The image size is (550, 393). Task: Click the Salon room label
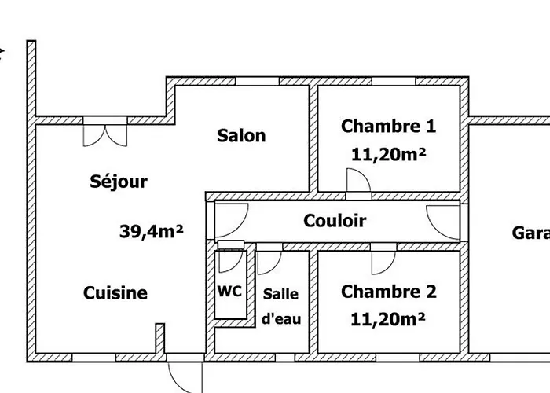[x=241, y=135]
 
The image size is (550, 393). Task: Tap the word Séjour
[x=119, y=182]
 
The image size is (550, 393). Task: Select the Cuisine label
[x=115, y=293]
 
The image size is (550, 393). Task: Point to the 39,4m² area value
[x=152, y=231]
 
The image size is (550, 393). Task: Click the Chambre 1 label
[x=388, y=126]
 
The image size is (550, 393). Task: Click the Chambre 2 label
[x=388, y=292]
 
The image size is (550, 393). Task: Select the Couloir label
[x=335, y=221]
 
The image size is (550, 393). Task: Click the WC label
[x=229, y=289]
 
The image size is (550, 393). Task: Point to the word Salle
[x=280, y=294]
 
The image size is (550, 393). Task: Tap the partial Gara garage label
[x=530, y=233]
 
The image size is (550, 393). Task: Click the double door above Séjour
[x=104, y=130]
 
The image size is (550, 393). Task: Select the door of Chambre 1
[x=357, y=182]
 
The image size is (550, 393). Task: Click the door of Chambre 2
[x=383, y=260]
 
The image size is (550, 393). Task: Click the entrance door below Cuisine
[x=187, y=373]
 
